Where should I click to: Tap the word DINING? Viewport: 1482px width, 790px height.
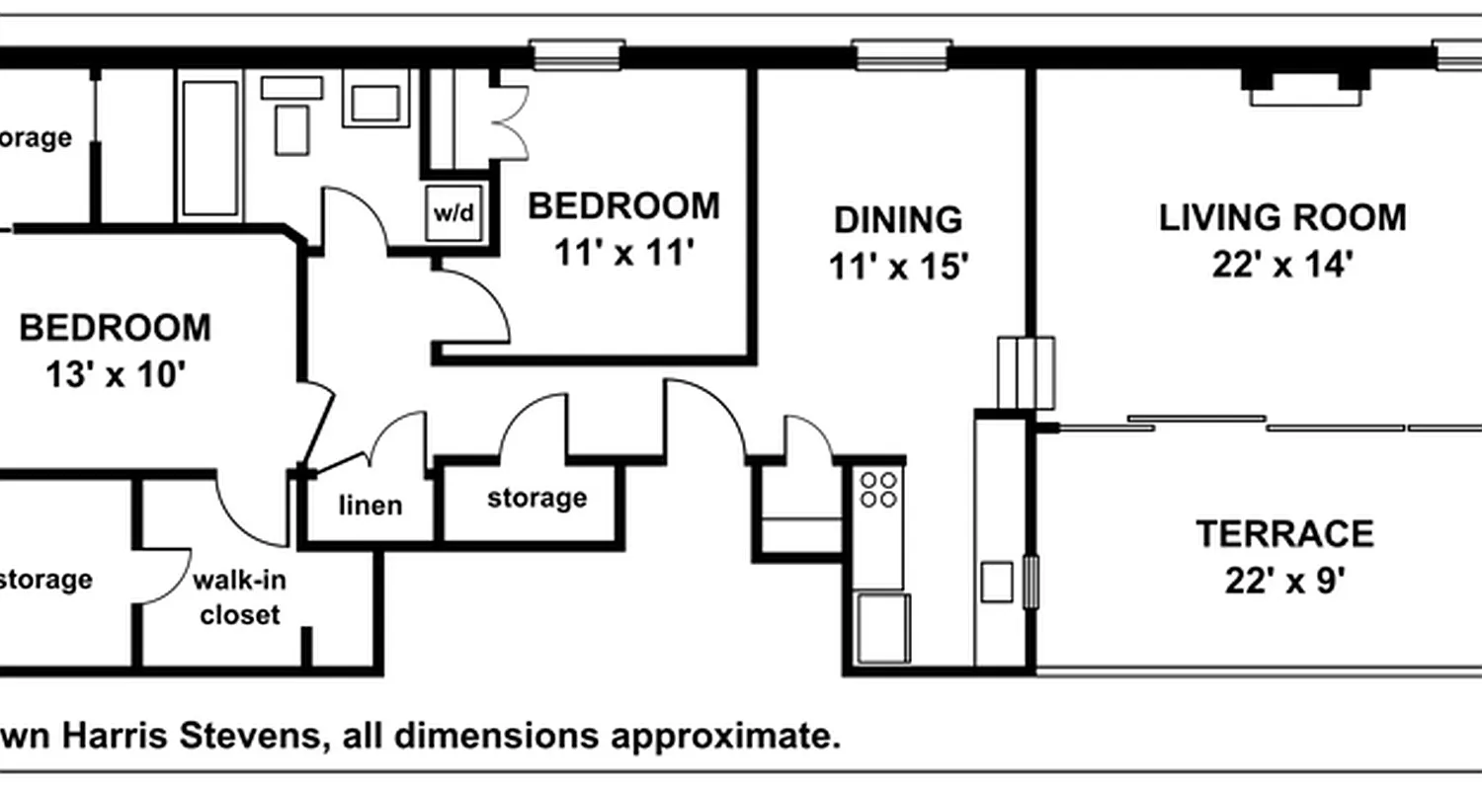(897, 218)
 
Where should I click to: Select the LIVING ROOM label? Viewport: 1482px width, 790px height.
(1282, 216)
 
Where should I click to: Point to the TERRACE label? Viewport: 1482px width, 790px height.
(1284, 534)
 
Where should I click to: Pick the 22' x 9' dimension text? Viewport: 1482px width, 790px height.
(1284, 582)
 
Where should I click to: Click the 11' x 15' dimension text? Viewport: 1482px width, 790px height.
(897, 267)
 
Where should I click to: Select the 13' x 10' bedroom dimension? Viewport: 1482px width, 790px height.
(116, 375)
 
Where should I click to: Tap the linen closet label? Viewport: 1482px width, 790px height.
(370, 506)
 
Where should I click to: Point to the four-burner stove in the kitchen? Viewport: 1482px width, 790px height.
(878, 489)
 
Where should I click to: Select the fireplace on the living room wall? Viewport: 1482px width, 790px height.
(1305, 87)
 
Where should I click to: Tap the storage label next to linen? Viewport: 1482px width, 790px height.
(536, 498)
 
